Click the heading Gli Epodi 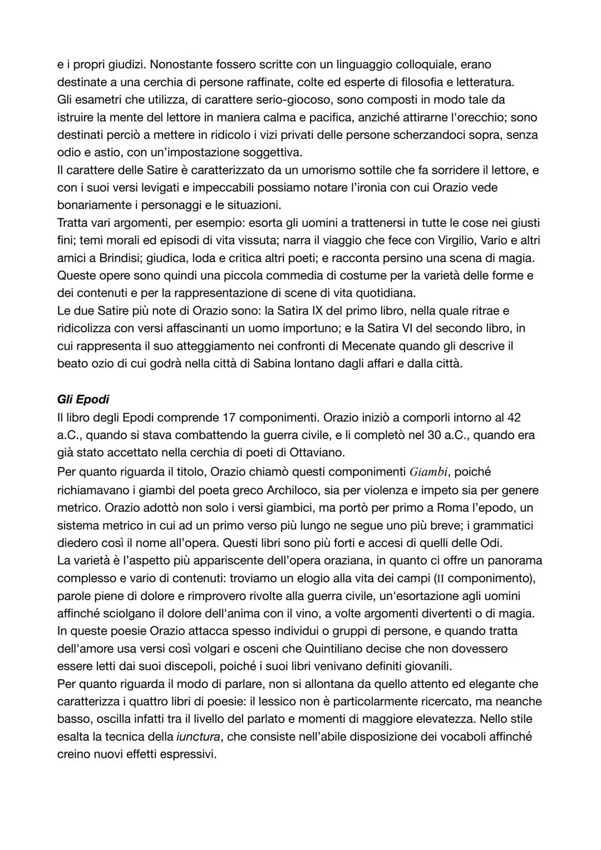[x=83, y=399]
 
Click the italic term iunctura [x=198, y=737]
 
